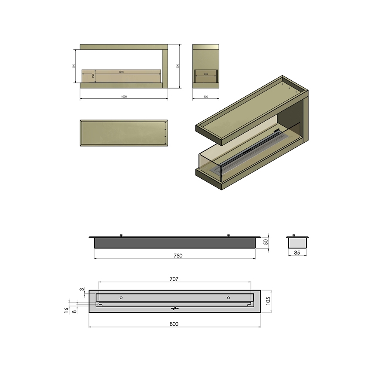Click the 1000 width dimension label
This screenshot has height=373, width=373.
click(124, 96)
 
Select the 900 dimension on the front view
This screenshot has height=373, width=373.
click(121, 72)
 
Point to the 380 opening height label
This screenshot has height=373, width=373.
click(74, 66)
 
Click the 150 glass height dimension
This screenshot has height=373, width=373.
click(93, 76)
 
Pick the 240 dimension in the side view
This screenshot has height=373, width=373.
click(205, 74)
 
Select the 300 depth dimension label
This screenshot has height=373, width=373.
click(205, 97)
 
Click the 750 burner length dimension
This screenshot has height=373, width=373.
click(178, 255)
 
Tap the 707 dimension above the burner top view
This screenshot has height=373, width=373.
click(174, 279)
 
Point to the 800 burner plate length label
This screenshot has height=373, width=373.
click(174, 324)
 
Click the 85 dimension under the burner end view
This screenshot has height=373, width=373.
click(297, 253)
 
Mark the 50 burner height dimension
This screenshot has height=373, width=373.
click(266, 242)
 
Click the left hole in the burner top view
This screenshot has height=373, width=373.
click(121, 298)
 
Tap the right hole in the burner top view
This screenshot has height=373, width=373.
click(228, 298)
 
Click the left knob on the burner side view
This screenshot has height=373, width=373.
click(121, 235)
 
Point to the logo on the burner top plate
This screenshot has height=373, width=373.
click(174, 308)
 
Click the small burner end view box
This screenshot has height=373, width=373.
click(297, 242)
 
